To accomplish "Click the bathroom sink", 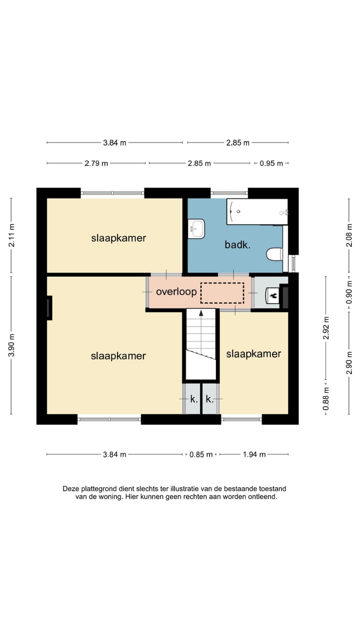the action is tap(196, 228).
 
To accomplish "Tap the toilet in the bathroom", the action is tap(274, 254).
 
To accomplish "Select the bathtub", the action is tap(257, 211).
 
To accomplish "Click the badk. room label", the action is tap(237, 244).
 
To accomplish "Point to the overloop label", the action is tap(176, 291).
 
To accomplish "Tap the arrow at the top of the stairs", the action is tap(201, 313).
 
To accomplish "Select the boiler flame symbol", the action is tap(273, 295).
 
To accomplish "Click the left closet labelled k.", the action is tap(191, 398).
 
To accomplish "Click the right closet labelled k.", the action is tap(210, 398).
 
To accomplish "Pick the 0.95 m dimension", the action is tap(271, 163).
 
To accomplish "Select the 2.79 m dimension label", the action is tap(96, 163).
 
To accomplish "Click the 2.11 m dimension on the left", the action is tap(11, 235).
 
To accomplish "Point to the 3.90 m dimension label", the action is tap(11, 345).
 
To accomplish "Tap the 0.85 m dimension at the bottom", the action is tap(201, 454).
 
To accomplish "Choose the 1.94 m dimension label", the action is tap(254, 454).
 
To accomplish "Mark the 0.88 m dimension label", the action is tap(326, 398).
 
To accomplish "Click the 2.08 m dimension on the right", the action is tap(349, 235).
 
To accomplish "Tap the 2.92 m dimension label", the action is tap(326, 328).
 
